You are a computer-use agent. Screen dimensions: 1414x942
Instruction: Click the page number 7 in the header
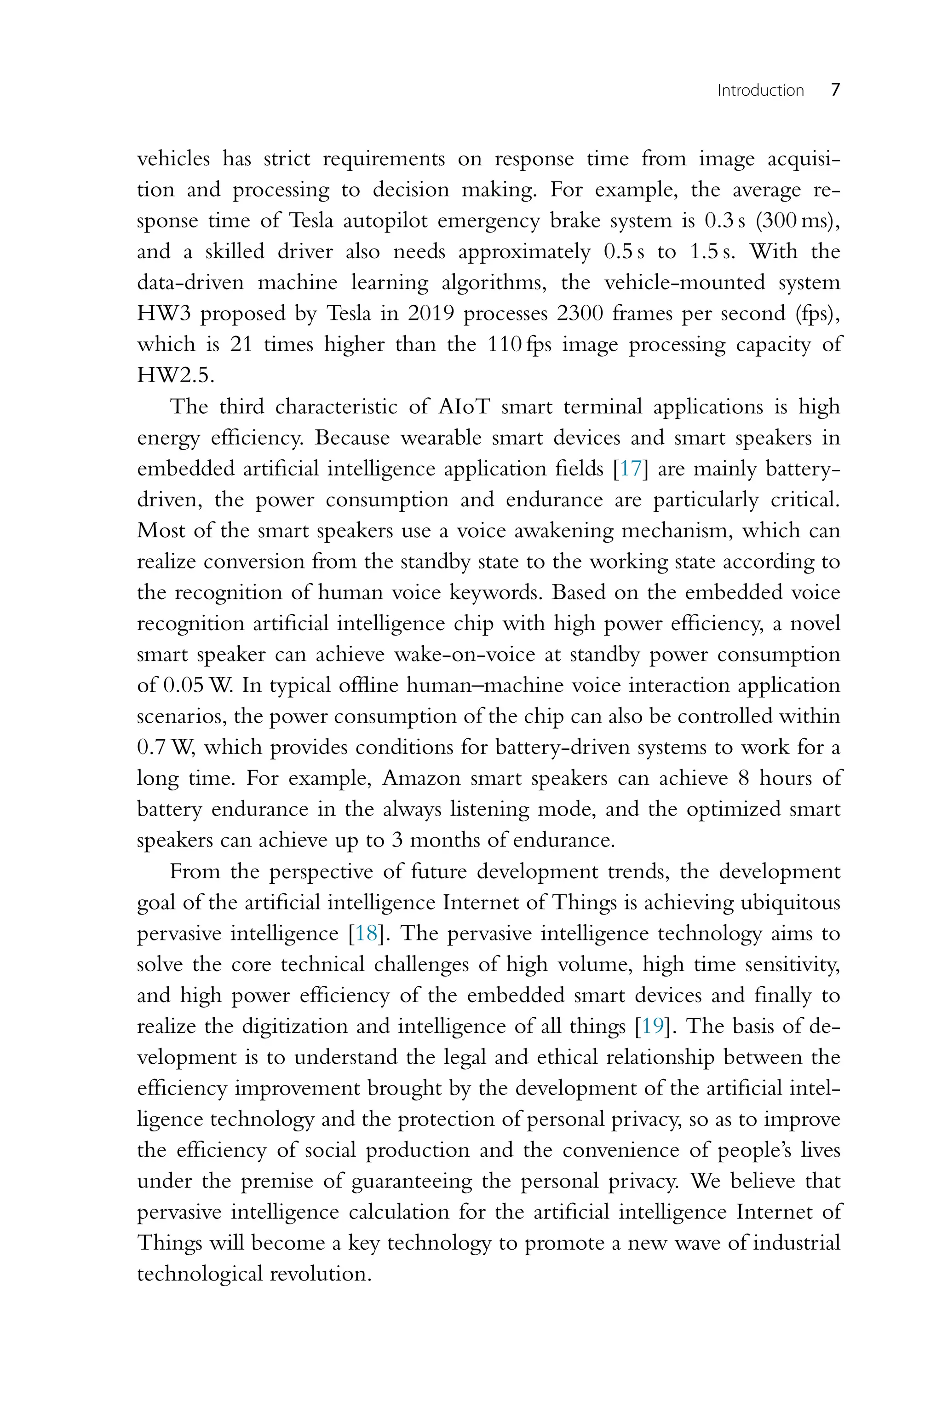(835, 90)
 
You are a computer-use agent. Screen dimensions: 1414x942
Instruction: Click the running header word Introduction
(760, 91)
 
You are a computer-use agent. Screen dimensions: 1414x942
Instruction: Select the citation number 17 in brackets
(630, 468)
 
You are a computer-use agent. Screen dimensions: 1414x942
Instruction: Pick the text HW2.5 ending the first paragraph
(175, 376)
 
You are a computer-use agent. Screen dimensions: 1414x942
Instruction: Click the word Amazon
(420, 778)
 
